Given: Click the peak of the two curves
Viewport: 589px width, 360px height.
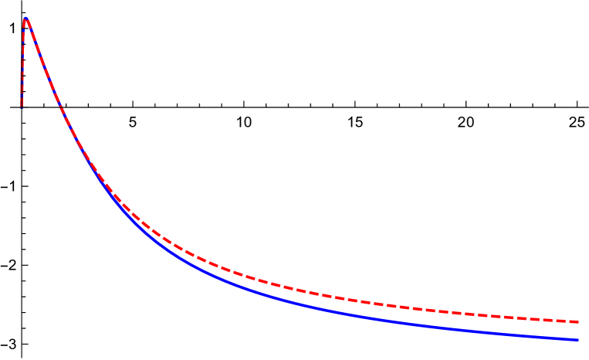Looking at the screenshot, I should (25, 18).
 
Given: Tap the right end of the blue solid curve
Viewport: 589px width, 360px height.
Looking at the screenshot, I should (577, 339).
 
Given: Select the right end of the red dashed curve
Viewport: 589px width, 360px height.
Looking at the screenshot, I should (577, 321).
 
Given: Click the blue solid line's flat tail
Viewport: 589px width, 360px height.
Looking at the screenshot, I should (463, 328).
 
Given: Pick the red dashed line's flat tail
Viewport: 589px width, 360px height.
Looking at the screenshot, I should (463, 313).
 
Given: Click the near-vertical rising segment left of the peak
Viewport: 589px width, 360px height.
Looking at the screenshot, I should (22, 62).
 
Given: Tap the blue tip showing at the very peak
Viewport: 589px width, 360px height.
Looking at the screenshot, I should (25, 17).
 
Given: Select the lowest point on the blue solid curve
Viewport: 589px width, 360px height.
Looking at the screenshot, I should (578, 339).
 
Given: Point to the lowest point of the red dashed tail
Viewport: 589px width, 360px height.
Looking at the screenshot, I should (578, 321).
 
